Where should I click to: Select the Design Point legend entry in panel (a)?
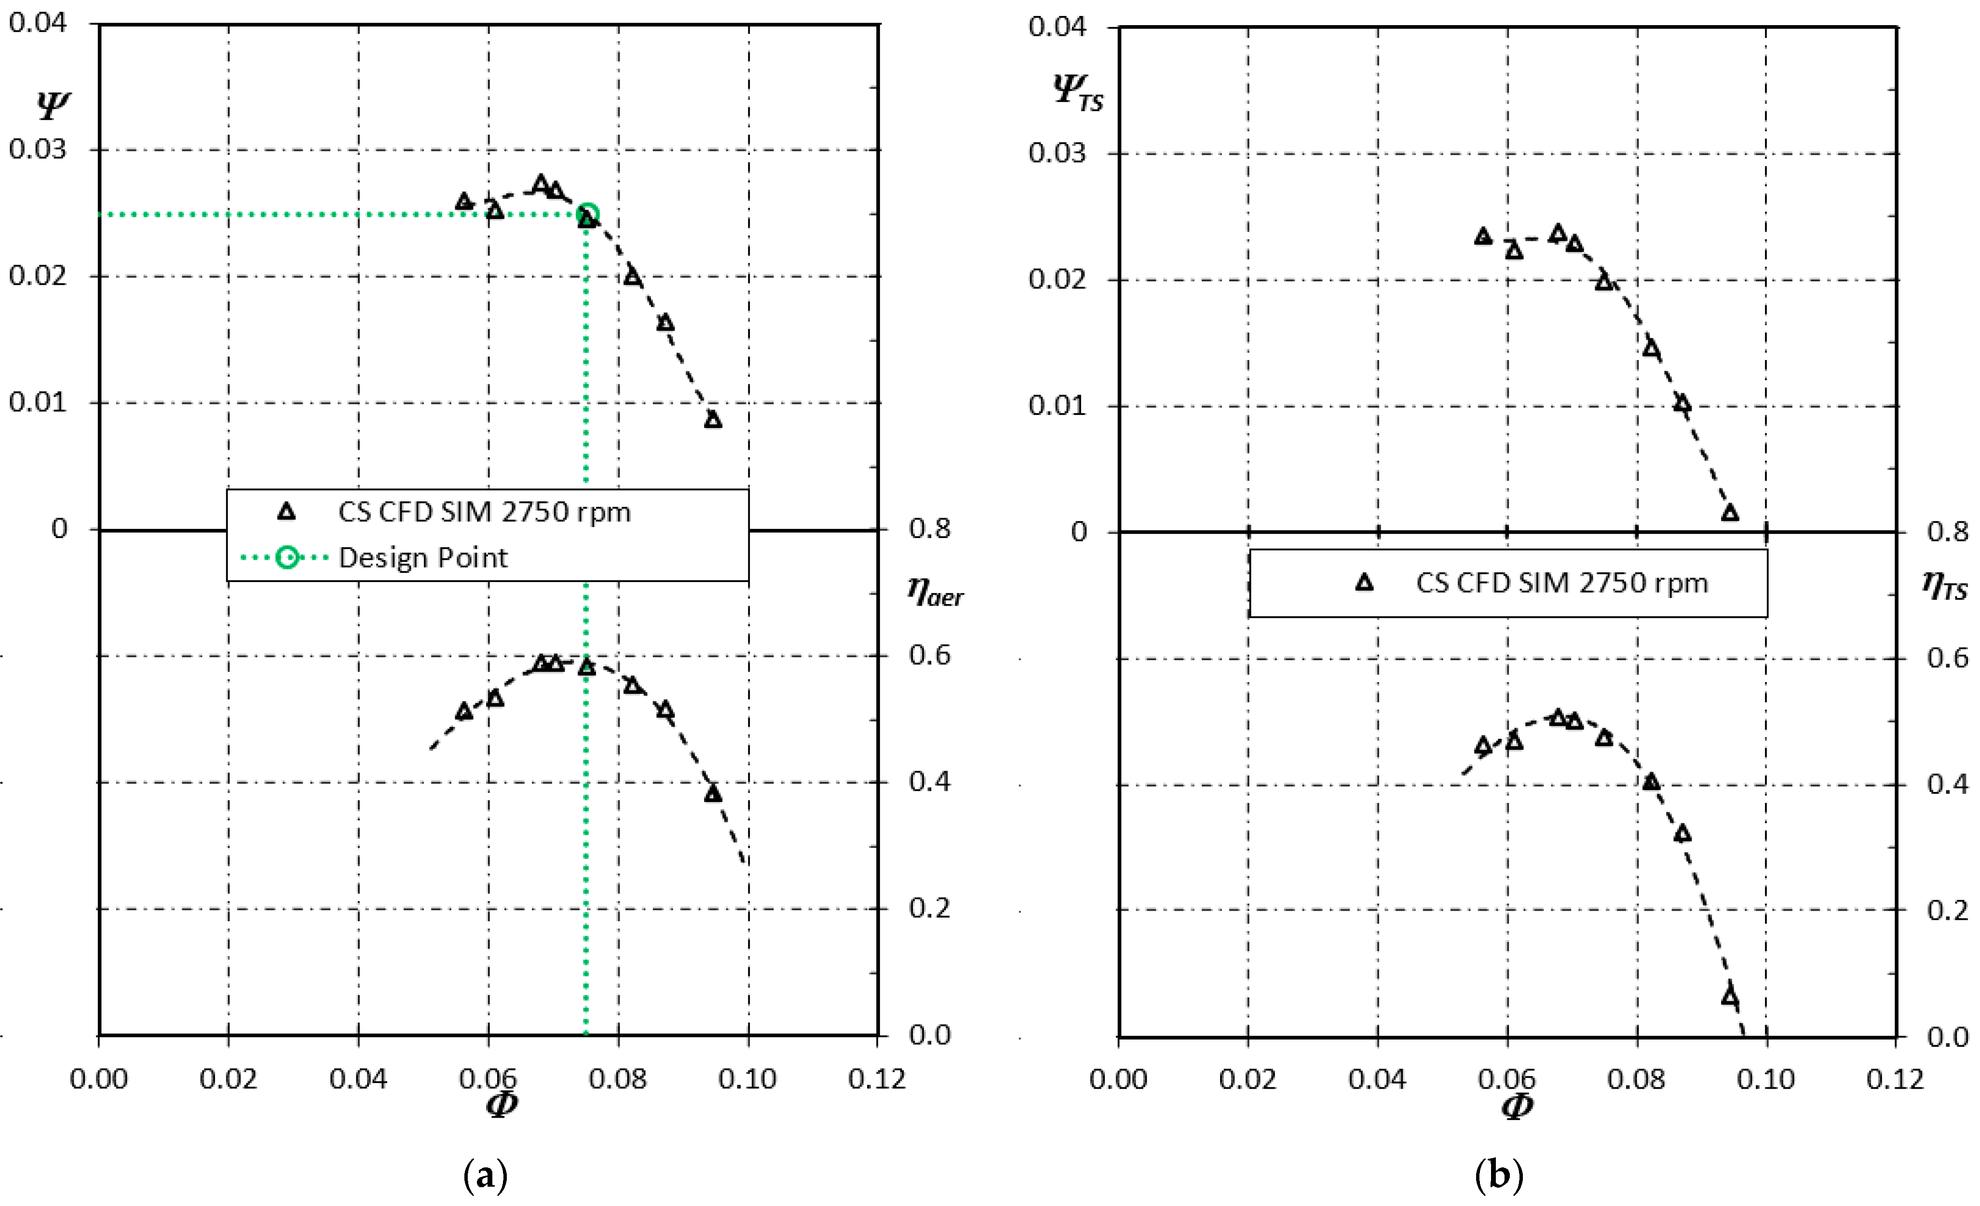423,558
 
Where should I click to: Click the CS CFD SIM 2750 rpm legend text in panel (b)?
1561,583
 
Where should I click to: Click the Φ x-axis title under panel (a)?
502,1104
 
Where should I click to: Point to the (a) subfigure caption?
486,1176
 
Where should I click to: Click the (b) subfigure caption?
1499,1176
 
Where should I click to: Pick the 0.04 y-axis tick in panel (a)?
37,23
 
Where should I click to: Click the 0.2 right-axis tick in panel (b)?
1947,910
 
